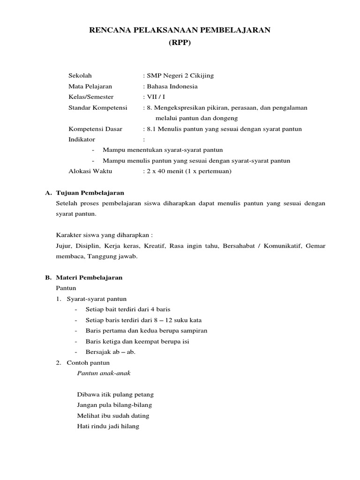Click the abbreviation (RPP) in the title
click(180, 43)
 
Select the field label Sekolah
click(80, 75)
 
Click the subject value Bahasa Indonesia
click(172, 86)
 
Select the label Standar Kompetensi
click(97, 108)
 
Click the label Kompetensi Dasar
click(95, 129)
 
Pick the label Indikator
click(82, 140)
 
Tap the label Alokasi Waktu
click(90, 172)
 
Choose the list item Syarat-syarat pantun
click(97, 299)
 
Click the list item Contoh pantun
click(88, 363)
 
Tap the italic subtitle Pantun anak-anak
click(103, 373)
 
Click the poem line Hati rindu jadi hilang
click(108, 427)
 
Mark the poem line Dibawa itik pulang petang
click(115, 395)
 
